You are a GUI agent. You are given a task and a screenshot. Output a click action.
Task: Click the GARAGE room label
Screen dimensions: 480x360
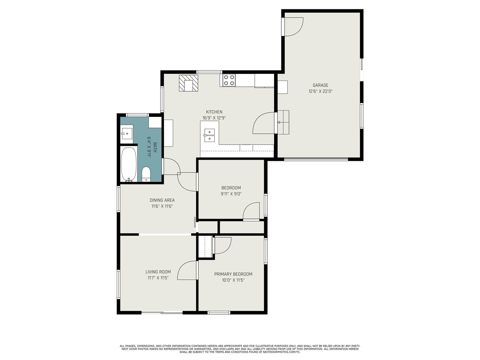(x=320, y=85)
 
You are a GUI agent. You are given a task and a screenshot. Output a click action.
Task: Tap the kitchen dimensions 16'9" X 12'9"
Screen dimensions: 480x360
(x=214, y=118)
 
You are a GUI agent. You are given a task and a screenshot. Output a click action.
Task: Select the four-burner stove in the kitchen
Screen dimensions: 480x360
(x=229, y=80)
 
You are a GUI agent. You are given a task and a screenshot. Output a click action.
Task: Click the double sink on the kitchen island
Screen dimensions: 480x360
(x=210, y=135)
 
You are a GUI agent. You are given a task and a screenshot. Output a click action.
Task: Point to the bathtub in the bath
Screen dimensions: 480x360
(x=129, y=164)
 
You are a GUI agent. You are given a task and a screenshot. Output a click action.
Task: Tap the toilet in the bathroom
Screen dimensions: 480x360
(x=146, y=174)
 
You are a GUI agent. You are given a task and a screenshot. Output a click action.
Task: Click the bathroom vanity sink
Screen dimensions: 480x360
(x=127, y=134)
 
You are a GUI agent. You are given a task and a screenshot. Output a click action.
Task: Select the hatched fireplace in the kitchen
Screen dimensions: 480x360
(x=189, y=83)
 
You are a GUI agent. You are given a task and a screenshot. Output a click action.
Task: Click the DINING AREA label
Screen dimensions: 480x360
(x=162, y=200)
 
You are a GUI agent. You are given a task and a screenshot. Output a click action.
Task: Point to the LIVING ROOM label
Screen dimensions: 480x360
(x=158, y=272)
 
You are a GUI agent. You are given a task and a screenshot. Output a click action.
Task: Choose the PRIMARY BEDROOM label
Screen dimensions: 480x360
(x=233, y=274)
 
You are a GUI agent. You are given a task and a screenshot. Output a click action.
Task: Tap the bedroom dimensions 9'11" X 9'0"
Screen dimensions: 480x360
(x=231, y=194)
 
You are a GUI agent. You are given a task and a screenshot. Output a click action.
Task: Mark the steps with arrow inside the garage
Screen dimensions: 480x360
(x=283, y=122)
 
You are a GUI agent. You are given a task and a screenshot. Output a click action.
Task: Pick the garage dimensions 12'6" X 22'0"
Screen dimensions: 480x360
(x=320, y=91)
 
